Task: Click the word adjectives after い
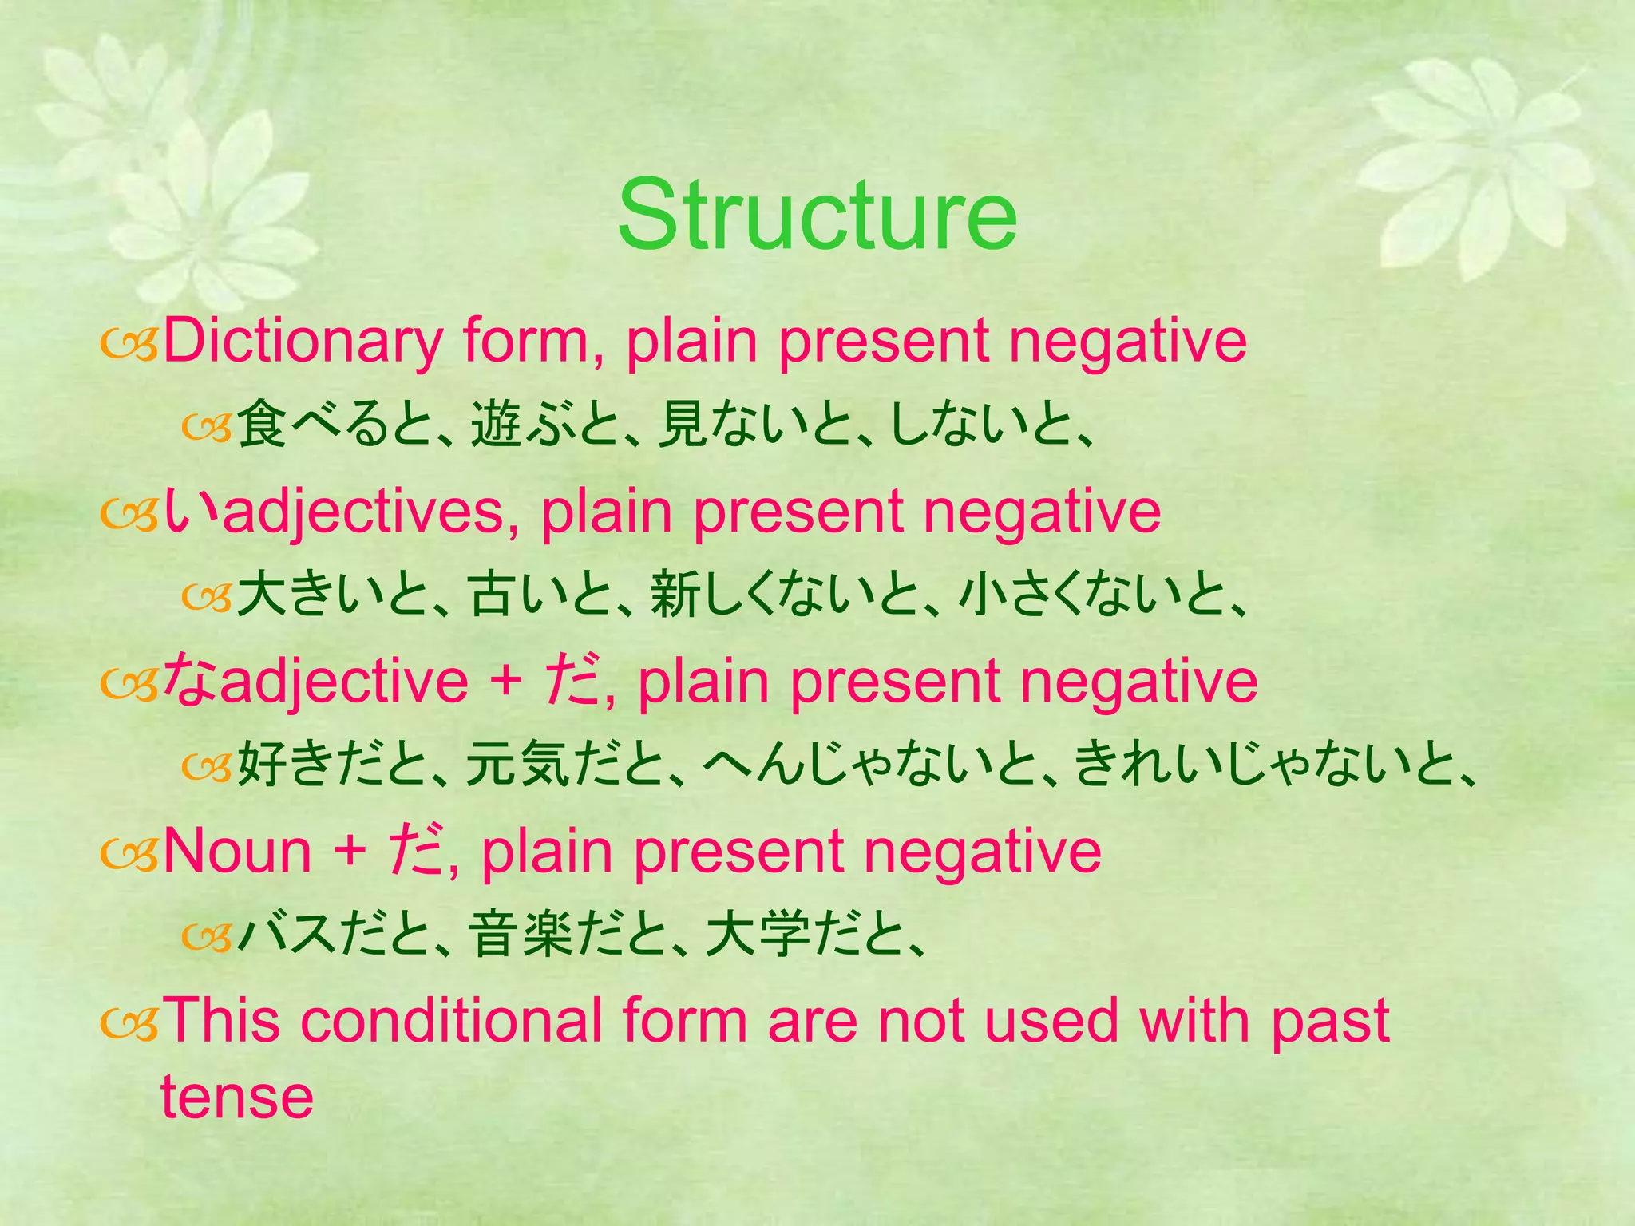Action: pos(363,512)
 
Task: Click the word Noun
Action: pos(237,852)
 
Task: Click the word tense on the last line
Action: pos(237,1097)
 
